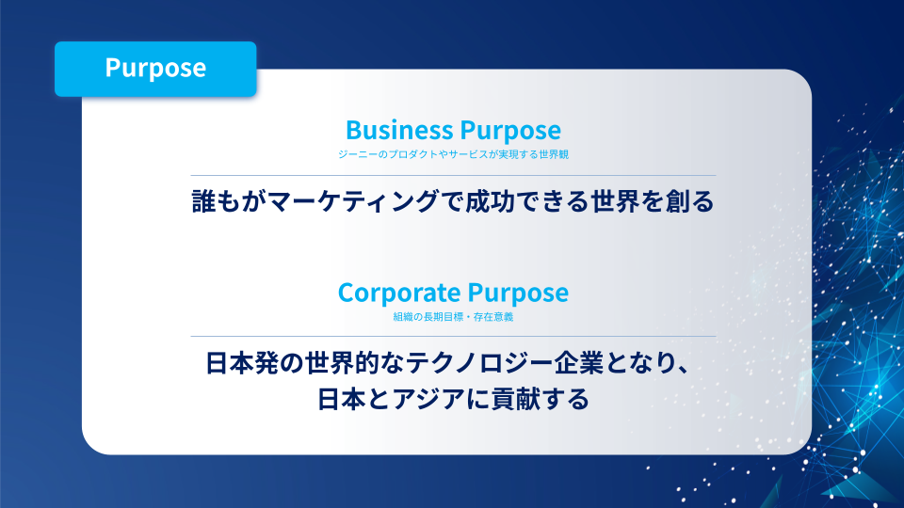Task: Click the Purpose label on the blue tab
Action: [155, 69]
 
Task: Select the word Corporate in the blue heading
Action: [399, 293]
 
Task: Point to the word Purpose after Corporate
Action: [518, 294]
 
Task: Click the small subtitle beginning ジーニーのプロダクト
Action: [453, 154]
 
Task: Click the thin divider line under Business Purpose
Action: [453, 175]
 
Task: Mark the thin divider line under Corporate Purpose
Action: [453, 336]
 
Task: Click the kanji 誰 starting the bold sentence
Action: [203, 201]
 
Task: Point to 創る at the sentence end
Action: [689, 201]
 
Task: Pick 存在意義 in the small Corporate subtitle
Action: [493, 317]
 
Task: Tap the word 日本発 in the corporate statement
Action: [243, 363]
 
